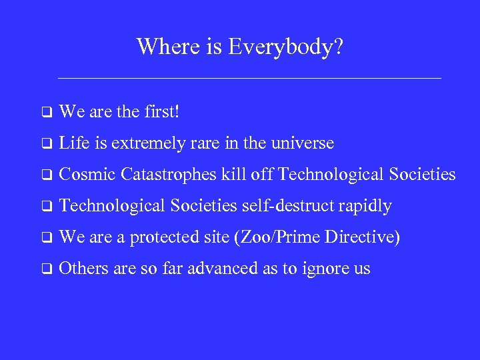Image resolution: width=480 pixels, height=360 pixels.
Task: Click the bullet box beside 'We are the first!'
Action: point(46,112)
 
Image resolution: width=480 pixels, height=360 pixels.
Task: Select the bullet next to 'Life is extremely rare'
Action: point(46,143)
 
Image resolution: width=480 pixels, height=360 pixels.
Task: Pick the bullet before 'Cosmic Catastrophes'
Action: point(46,175)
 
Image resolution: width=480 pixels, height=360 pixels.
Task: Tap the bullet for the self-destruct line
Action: point(46,206)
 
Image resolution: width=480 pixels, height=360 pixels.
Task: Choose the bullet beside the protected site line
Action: point(46,237)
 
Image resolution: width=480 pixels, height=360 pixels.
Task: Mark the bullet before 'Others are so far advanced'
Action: point(46,269)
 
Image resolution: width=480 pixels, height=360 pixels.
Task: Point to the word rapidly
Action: point(365,206)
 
